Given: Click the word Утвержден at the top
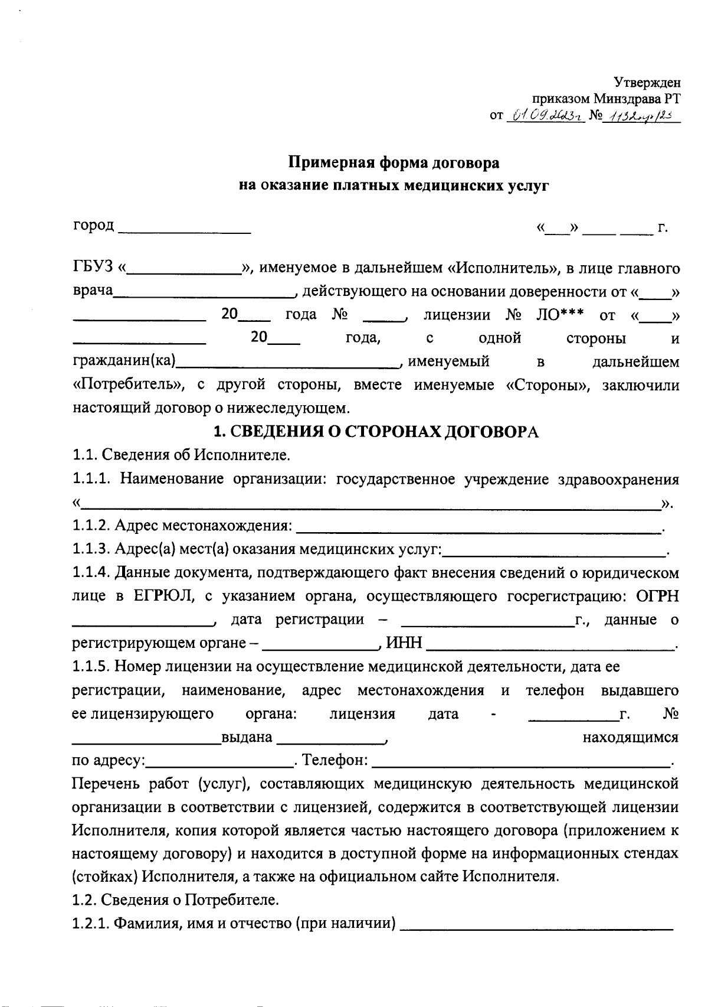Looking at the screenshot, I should click(647, 83).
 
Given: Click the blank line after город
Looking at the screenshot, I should click(185, 228).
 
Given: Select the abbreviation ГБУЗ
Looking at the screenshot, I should click(92, 268).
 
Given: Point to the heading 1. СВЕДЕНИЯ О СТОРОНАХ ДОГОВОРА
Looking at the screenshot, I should click(376, 432).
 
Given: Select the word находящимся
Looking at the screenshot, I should click(630, 737).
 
